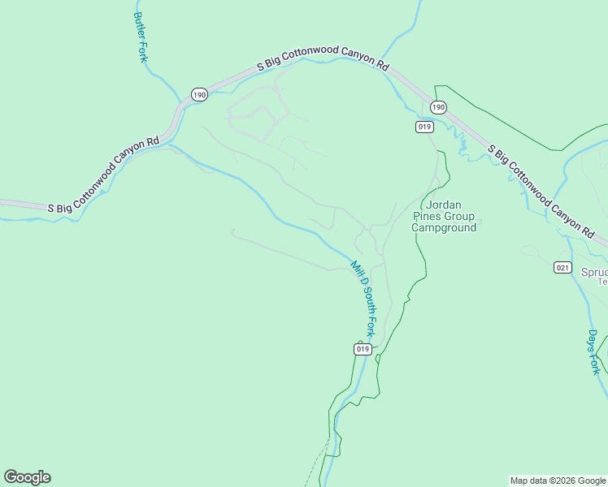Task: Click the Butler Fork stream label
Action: coord(140,37)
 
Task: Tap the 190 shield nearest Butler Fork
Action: coord(199,95)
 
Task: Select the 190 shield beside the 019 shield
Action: coord(438,107)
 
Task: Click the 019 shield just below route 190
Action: coord(424,127)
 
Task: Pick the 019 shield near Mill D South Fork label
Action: coord(363,349)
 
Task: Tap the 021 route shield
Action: coord(562,267)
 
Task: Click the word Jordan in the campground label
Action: coord(443,205)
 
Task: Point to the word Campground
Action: coord(444,228)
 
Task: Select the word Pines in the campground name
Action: coord(428,217)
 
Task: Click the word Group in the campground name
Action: coord(461,217)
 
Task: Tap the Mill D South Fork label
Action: coord(363,298)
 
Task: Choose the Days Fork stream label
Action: coord(594,351)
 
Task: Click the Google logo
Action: coord(27,477)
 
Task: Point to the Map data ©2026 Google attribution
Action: coord(558,481)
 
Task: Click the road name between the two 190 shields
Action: coord(324,62)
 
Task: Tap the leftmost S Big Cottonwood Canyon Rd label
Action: coord(103,176)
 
